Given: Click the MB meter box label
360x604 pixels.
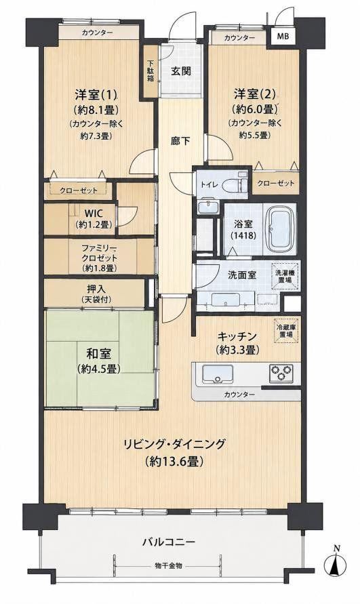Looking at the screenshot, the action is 283,37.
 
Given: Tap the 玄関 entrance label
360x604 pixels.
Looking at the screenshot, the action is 181,71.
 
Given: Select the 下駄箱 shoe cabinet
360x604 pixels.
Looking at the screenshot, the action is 151,71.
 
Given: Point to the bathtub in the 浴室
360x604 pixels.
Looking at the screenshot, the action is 279,229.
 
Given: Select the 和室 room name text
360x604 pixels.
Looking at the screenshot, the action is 99,354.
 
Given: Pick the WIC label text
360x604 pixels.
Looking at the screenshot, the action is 94,214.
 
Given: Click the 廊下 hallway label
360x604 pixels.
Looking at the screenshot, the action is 180,141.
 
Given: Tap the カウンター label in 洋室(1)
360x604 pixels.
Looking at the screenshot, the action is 97,33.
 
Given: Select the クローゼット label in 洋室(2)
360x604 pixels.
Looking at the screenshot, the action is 275,183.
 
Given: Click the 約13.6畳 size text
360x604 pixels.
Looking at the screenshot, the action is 175,461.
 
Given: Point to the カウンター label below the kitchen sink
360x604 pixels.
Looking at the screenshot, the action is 239,395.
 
